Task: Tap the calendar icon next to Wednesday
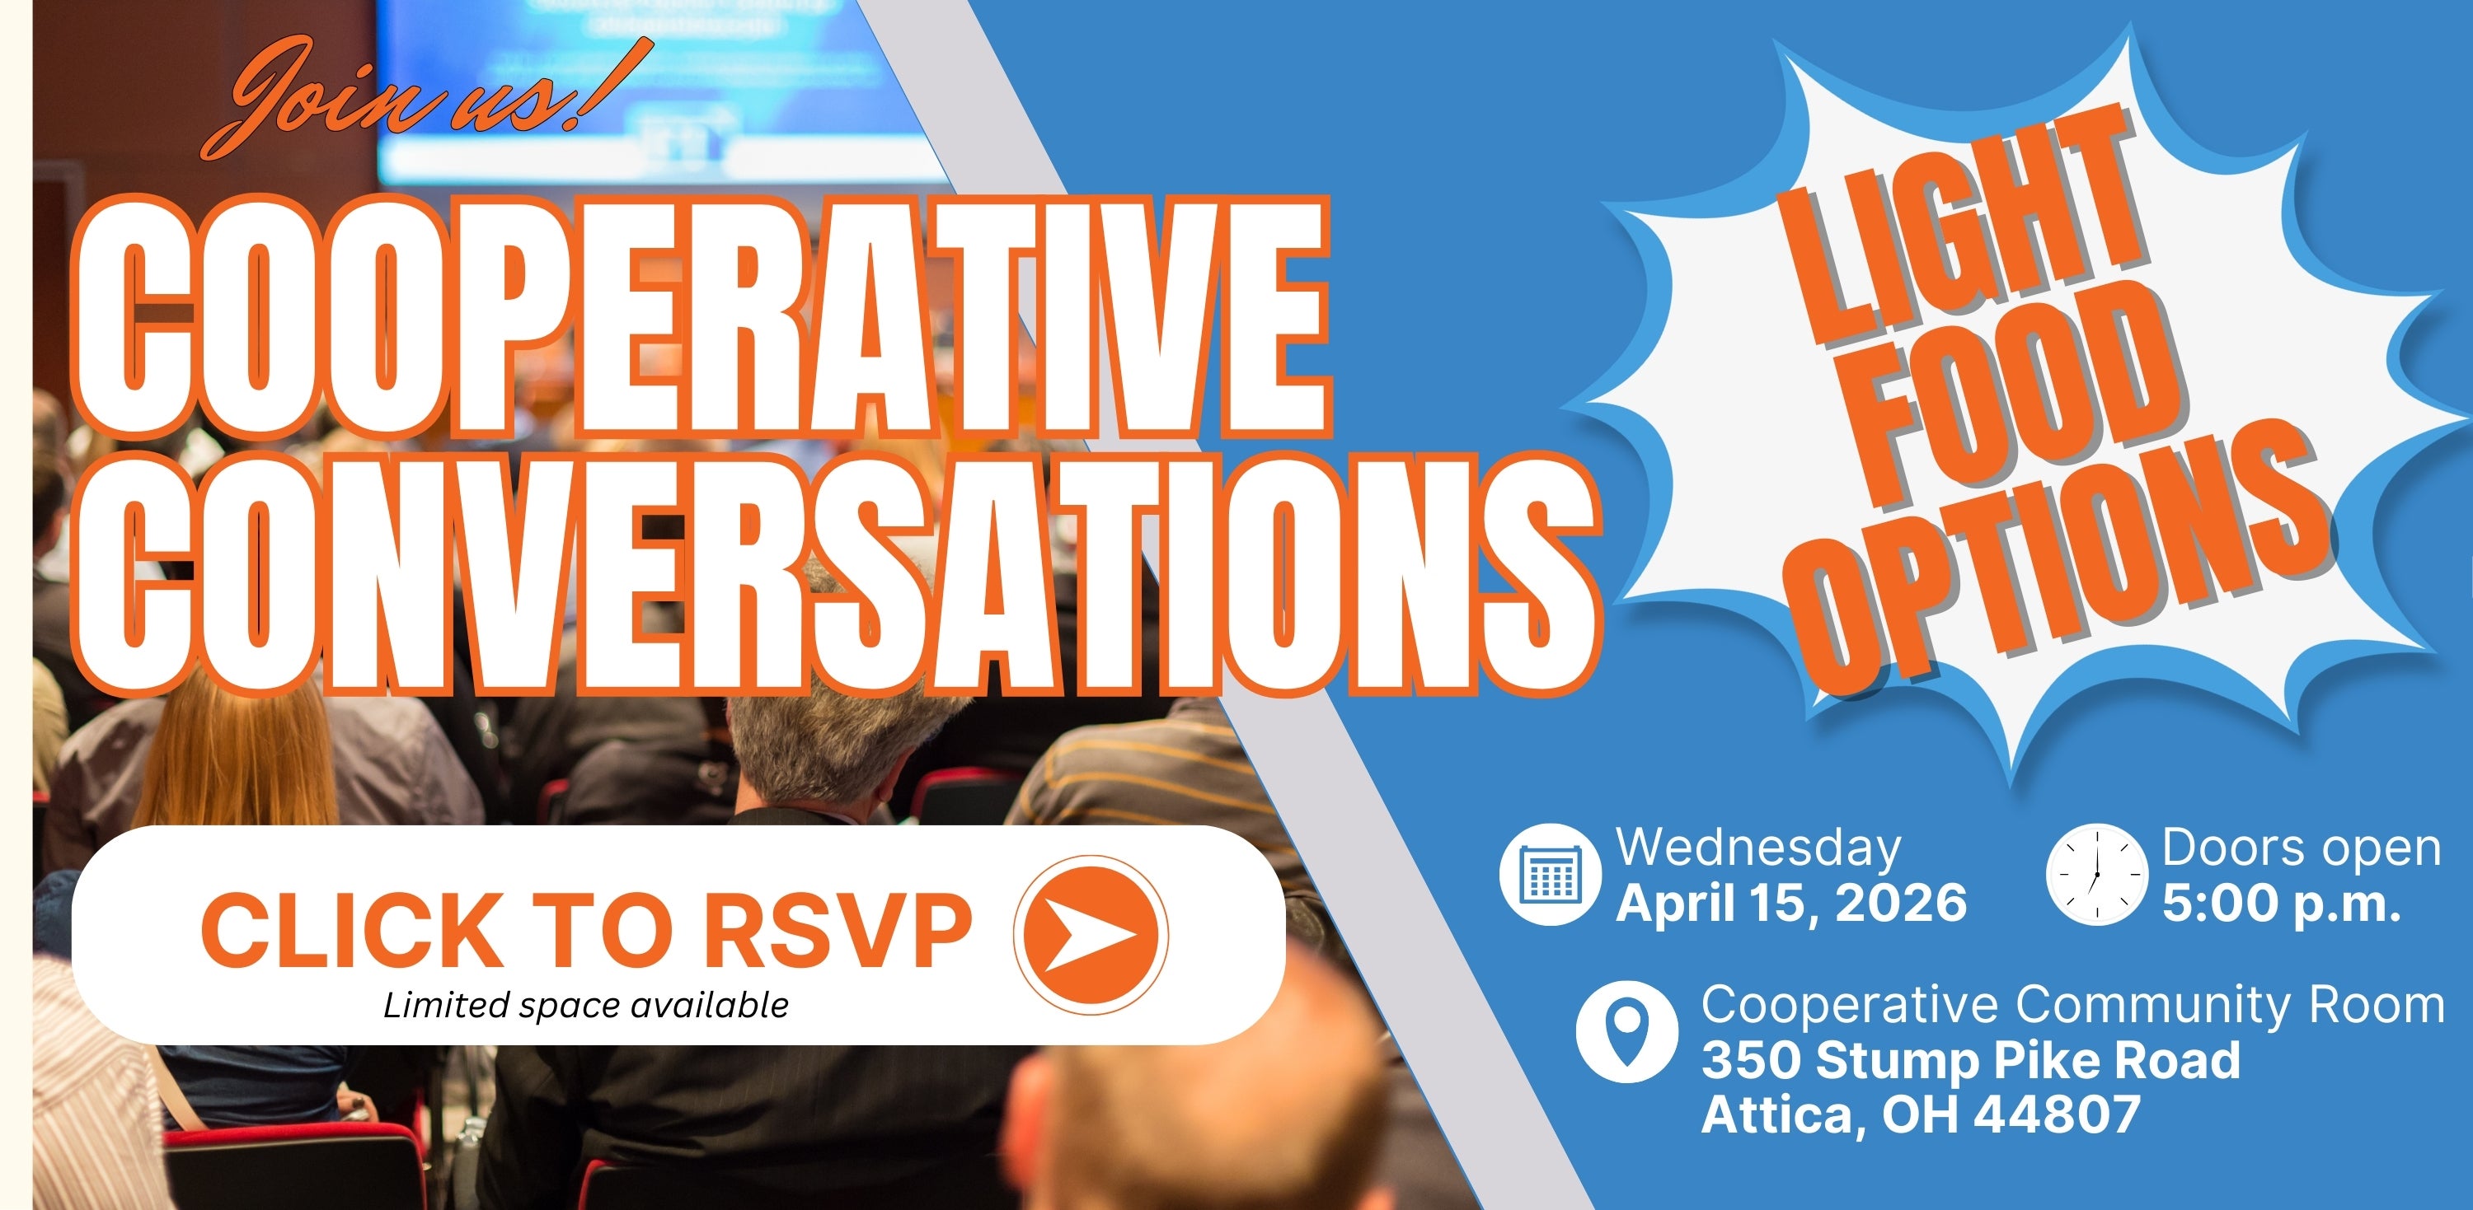click(1550, 874)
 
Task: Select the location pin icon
click(1627, 1031)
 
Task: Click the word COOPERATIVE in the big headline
click(702, 316)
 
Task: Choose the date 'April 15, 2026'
click(1791, 903)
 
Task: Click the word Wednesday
click(1759, 848)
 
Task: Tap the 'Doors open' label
click(2302, 848)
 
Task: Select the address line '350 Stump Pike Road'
click(1971, 1060)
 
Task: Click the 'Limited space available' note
click(585, 1006)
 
